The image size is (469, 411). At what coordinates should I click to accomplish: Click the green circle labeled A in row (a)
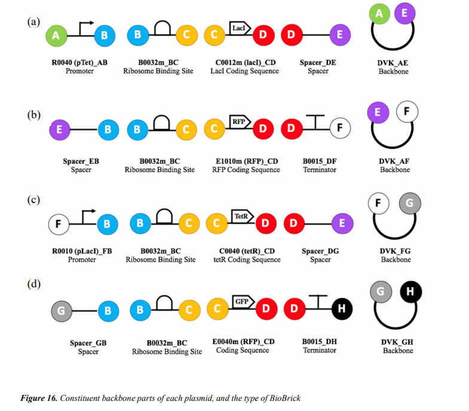pyautogui.click(x=56, y=35)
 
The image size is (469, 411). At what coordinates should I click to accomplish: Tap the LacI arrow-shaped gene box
pyautogui.click(x=239, y=27)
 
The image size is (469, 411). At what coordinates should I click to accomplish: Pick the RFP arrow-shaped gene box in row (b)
pyautogui.click(x=240, y=122)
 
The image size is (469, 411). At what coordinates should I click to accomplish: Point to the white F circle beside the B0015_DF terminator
pyautogui.click(x=341, y=128)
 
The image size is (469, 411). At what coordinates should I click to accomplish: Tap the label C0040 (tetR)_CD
pyautogui.click(x=246, y=251)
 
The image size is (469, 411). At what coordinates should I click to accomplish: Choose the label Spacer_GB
pyautogui.click(x=88, y=343)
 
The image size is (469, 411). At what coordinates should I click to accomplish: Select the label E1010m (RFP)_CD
pyautogui.click(x=246, y=161)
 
